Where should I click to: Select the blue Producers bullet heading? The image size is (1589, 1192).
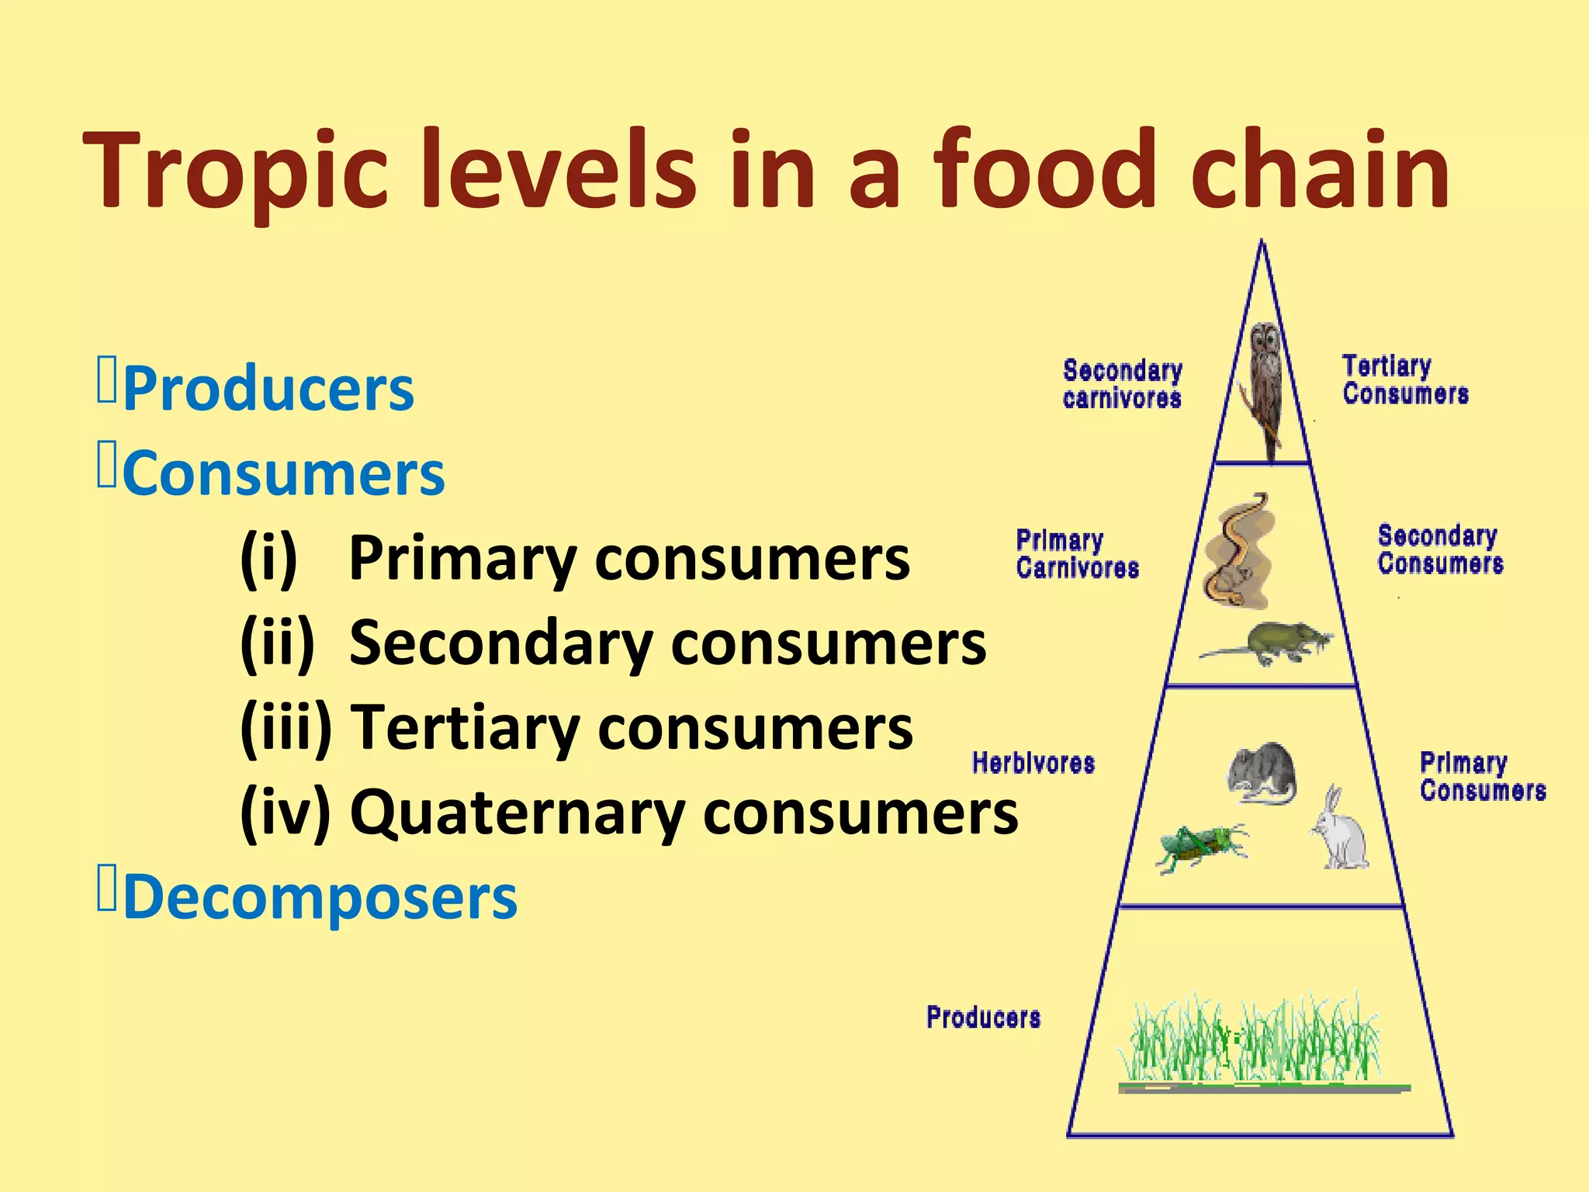coord(268,389)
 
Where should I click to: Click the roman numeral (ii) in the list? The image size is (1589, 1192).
coord(278,643)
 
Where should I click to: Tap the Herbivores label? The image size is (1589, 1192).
coord(1033,764)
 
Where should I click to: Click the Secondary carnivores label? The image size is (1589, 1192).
coord(1122,384)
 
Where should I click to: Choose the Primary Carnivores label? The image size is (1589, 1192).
coord(1077,554)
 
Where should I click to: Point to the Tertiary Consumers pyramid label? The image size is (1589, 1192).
coord(1404,379)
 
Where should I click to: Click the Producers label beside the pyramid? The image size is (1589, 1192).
coord(983,1017)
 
